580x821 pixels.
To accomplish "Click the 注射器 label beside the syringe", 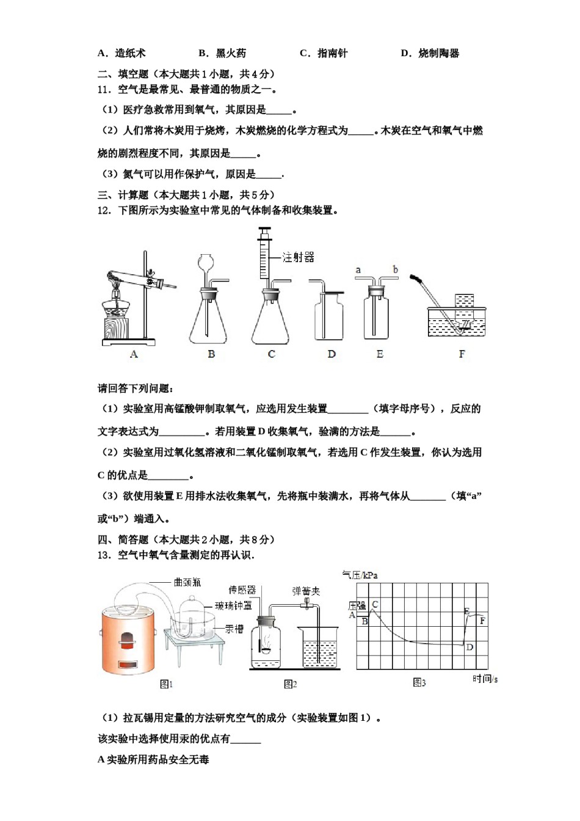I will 299,257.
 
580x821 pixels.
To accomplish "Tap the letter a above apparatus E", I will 358,270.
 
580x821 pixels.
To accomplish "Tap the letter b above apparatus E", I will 395,269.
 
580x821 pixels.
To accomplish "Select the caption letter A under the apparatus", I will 134,354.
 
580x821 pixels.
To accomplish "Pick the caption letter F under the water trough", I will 462,354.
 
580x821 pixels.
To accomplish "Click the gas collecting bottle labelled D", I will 328,316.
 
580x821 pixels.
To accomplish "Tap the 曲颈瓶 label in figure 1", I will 187,582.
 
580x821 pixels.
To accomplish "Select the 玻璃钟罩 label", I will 233,605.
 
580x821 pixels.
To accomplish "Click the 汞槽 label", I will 234,629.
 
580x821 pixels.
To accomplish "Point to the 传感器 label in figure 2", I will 242,589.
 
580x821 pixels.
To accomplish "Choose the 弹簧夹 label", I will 306,591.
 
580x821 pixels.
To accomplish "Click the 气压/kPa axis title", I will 360,575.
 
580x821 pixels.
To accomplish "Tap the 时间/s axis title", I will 485,679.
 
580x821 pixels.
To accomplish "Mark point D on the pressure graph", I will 469,647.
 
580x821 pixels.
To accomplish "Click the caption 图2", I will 291,684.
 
